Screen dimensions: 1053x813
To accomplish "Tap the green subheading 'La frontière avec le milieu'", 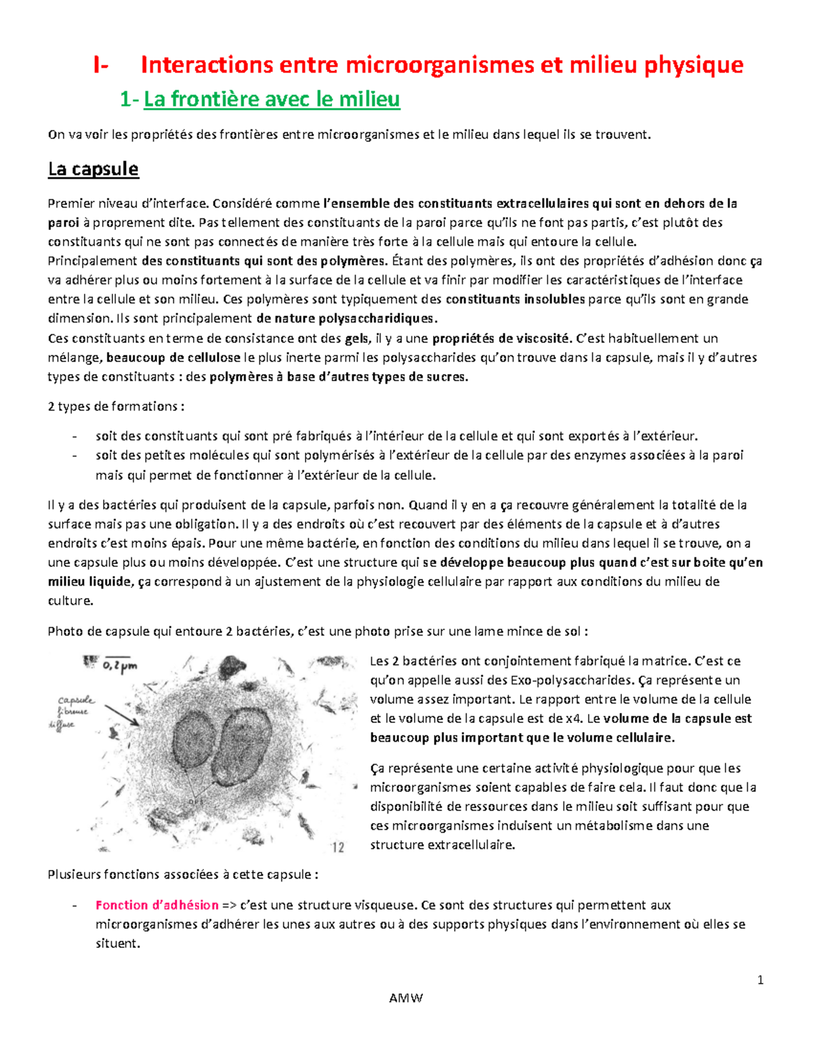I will click(272, 100).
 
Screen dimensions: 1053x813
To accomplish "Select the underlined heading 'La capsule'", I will click(93, 169).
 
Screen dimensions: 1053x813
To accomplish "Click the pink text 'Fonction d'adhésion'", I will click(157, 905).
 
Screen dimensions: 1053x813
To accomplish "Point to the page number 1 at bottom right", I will click(760, 980).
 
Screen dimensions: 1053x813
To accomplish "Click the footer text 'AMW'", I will click(406, 998).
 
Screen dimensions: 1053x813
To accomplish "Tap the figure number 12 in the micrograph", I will click(337, 846).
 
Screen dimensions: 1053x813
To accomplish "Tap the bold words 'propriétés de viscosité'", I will click(501, 338).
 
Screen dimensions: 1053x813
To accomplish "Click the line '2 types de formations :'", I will click(116, 406).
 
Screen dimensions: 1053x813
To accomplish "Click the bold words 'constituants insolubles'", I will click(515, 300).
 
